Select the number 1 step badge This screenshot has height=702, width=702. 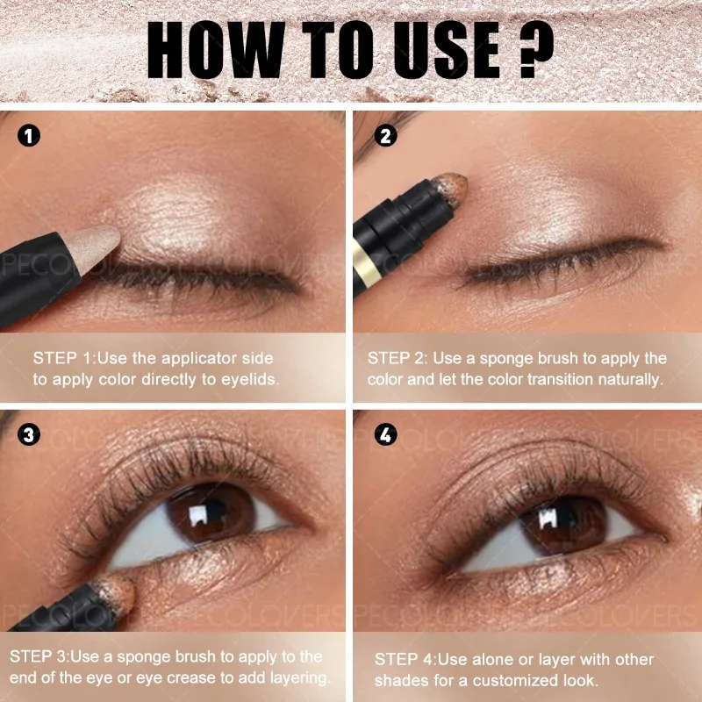pos(30,136)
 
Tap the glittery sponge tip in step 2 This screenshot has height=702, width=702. pos(449,184)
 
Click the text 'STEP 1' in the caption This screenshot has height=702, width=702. pos(62,358)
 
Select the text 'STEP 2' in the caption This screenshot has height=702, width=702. pos(397,358)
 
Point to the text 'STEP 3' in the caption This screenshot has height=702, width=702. pos(39,656)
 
